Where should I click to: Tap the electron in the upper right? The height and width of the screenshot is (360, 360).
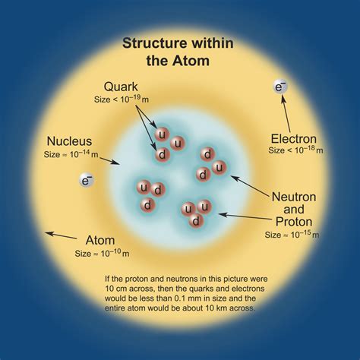pos(280,88)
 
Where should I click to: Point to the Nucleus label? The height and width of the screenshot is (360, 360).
pos(70,141)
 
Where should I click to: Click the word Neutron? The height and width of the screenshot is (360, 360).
pos(294,195)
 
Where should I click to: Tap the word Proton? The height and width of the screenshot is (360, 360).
pos(294,222)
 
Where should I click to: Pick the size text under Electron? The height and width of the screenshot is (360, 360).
pos(295,151)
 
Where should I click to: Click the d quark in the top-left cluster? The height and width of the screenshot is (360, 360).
pos(161,155)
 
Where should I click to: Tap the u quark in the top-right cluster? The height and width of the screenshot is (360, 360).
pos(219,167)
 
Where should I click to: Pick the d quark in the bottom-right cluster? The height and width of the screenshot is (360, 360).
pos(195,220)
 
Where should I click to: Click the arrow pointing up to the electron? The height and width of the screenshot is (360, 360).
pos(287,114)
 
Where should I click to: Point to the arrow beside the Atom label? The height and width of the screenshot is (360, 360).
pos(61,235)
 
